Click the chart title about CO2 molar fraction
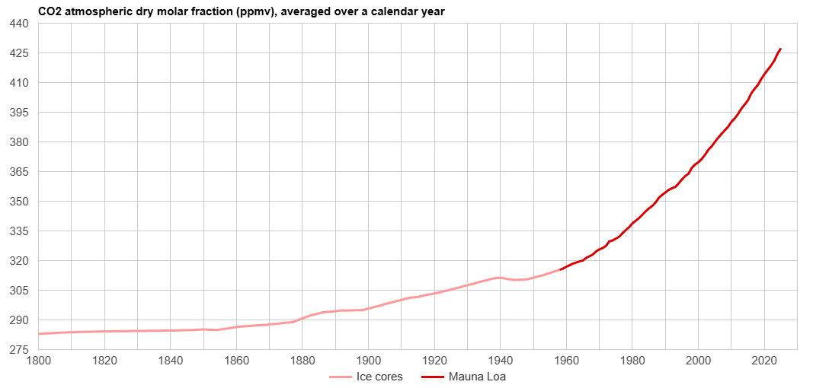242,11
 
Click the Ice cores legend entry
379,377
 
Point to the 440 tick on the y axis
19,24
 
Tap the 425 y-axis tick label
19,53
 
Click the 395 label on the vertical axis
19,113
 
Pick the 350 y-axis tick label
19,202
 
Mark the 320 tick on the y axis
19,261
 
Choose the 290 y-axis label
19,320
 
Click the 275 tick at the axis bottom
19,350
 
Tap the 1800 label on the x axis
39,359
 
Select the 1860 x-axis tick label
236,359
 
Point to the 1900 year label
368,359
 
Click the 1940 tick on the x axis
500,359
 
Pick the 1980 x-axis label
632,359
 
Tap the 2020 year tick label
763,359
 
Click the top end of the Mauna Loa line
780,49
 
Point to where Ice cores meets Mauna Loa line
560,269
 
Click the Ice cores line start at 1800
39,334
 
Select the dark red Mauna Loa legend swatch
432,377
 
